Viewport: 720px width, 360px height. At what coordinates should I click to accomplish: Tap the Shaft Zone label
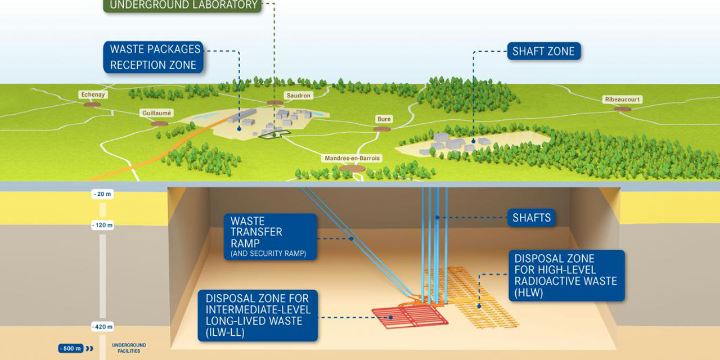coord(543,51)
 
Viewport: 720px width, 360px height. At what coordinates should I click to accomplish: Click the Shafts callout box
coord(532,218)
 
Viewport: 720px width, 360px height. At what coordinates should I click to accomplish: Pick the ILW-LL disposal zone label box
coord(258,315)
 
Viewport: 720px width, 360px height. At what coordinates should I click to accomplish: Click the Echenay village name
coord(92,95)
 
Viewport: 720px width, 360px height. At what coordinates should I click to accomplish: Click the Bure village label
coord(384,119)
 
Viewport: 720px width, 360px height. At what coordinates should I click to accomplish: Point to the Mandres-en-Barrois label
coord(353,159)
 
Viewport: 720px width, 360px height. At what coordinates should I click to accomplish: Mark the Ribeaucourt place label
coord(622,100)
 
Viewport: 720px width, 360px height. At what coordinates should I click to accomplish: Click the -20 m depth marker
coord(102,195)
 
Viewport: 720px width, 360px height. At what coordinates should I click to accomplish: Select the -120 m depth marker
coord(102,226)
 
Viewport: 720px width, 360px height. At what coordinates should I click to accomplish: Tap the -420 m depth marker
coord(102,326)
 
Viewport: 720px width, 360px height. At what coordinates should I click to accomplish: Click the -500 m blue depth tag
coord(71,348)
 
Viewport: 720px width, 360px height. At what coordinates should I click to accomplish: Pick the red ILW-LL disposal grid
coord(409,316)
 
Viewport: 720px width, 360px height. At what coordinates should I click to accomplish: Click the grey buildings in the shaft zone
coord(450,143)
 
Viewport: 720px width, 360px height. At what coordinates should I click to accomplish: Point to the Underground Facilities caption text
coord(129,348)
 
